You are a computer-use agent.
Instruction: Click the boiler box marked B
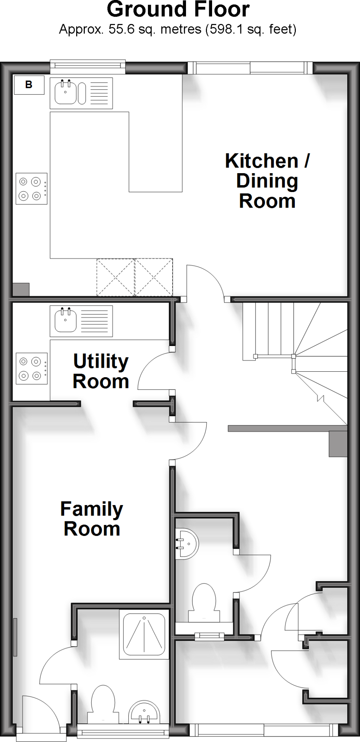(x=29, y=85)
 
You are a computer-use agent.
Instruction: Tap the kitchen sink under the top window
(x=81, y=93)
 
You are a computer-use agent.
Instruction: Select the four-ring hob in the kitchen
(x=32, y=188)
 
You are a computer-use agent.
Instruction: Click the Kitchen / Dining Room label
(x=267, y=181)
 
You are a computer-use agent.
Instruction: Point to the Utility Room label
(x=101, y=371)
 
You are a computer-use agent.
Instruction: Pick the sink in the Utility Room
(x=81, y=321)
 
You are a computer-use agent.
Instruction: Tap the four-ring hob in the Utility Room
(x=32, y=368)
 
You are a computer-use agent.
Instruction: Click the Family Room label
(x=92, y=518)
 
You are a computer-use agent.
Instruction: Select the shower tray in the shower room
(x=144, y=634)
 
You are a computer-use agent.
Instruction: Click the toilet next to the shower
(x=103, y=705)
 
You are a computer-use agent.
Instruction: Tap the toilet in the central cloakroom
(x=204, y=604)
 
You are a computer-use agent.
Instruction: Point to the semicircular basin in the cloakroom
(x=187, y=544)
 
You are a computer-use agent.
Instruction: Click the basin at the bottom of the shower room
(x=144, y=712)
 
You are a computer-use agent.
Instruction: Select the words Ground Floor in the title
(x=178, y=9)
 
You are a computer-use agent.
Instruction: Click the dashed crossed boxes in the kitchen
(x=135, y=277)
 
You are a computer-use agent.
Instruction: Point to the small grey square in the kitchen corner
(x=21, y=289)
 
